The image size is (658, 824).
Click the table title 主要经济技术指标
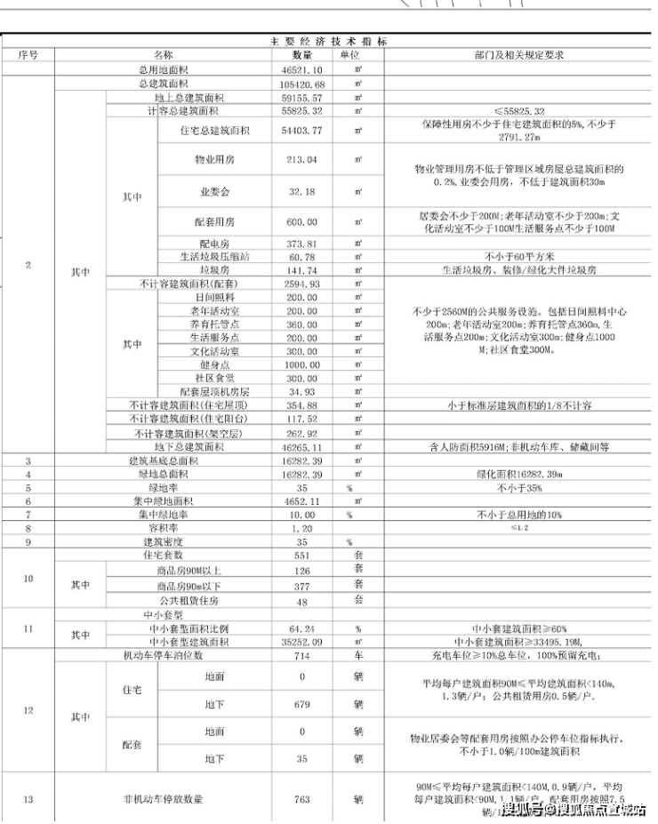pos(329,42)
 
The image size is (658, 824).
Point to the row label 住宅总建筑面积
pos(213,131)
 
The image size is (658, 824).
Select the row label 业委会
pos(213,191)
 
